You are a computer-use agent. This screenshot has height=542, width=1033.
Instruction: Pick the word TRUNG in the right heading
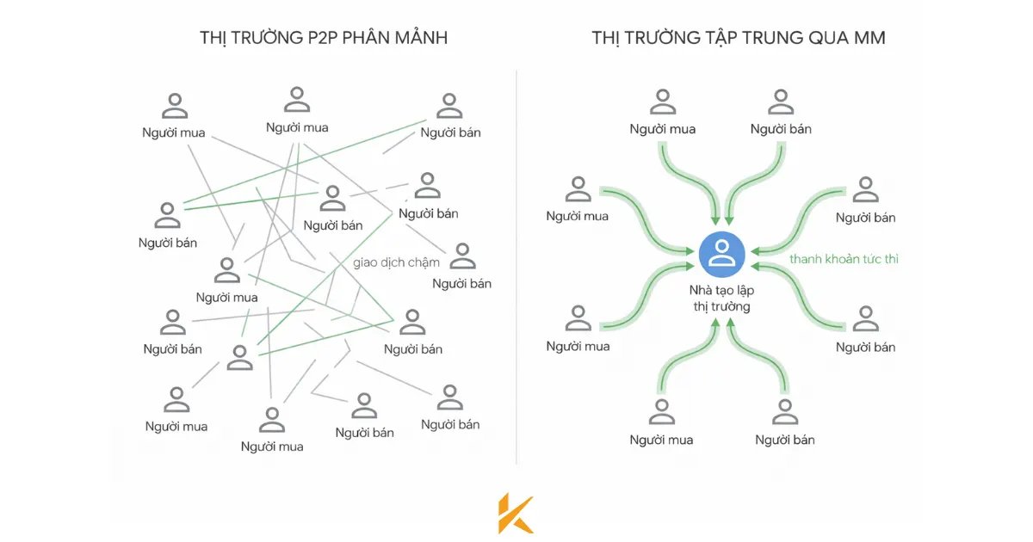tap(775, 38)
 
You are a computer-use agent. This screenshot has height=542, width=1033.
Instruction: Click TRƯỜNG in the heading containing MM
tap(664, 38)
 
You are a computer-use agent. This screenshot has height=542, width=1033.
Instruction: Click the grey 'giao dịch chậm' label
tap(396, 262)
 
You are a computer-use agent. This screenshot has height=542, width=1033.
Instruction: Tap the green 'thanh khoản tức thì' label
tap(844, 258)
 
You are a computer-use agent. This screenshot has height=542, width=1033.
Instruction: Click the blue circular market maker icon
tap(721, 253)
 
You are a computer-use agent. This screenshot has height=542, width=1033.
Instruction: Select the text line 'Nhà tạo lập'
tap(721, 291)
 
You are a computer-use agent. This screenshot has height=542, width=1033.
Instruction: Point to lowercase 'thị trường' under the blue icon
tap(721, 307)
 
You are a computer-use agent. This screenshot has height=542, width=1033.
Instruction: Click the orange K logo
tap(516, 513)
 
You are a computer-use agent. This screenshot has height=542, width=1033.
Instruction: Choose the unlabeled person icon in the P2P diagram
tap(240, 356)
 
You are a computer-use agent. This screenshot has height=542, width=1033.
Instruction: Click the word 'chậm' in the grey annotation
tap(421, 262)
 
